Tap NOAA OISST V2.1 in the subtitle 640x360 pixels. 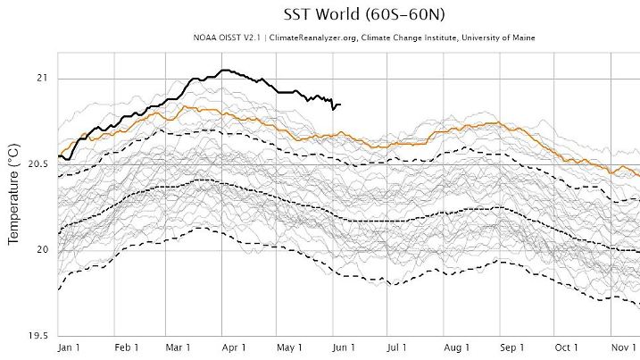[222, 38]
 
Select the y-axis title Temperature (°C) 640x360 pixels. [14, 195]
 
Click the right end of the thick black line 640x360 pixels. [340, 105]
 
